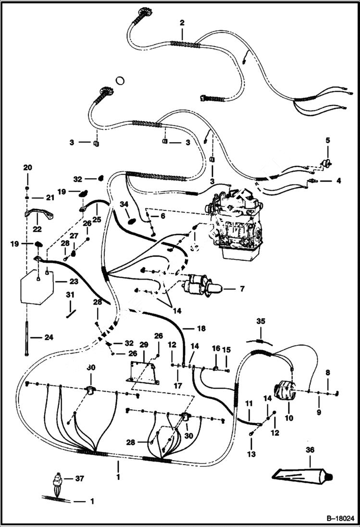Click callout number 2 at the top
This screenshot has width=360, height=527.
click(182, 23)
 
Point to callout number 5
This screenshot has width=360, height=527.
click(328, 141)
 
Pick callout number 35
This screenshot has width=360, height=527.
click(261, 320)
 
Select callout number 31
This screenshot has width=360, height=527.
click(70, 294)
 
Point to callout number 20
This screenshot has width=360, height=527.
click(27, 167)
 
